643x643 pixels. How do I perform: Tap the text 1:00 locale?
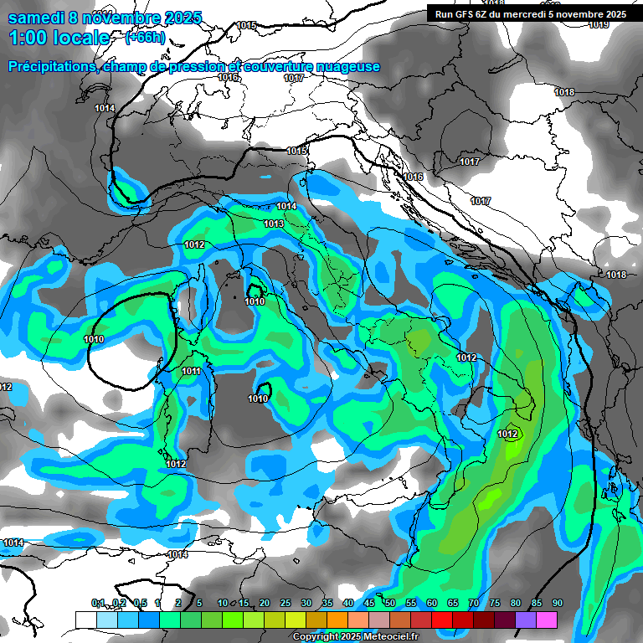(x=59, y=38)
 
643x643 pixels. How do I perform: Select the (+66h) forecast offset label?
(x=145, y=38)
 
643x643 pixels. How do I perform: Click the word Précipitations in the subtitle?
(x=50, y=66)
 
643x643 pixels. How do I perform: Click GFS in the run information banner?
(x=471, y=14)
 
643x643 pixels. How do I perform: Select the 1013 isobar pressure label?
(x=274, y=224)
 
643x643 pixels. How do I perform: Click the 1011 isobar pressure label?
(x=192, y=371)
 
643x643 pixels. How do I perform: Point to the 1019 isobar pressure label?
(x=598, y=24)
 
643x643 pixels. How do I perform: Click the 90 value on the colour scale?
(x=557, y=603)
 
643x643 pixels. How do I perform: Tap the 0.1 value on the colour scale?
(x=99, y=603)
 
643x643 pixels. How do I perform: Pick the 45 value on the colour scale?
(x=369, y=603)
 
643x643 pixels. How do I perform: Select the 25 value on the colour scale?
(x=285, y=603)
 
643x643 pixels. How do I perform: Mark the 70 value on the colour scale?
(x=474, y=603)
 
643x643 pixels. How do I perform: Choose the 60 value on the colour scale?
(x=432, y=603)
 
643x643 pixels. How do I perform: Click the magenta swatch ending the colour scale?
(x=547, y=619)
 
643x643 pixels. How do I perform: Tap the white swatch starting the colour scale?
(x=85, y=619)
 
